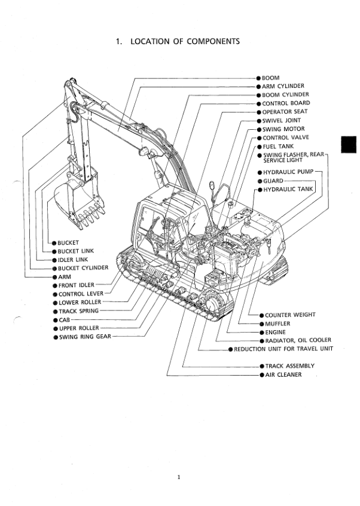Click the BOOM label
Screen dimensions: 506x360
(x=271, y=78)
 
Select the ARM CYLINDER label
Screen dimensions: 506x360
(x=283, y=86)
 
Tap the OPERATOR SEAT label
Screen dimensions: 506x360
(x=285, y=112)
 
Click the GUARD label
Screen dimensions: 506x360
(x=273, y=181)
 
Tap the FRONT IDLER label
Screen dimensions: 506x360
(x=76, y=285)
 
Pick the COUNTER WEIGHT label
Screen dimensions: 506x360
(x=290, y=315)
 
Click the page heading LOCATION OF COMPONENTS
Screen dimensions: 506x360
(x=178, y=41)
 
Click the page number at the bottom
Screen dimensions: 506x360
(x=179, y=477)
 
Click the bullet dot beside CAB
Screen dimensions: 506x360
(x=55, y=320)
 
